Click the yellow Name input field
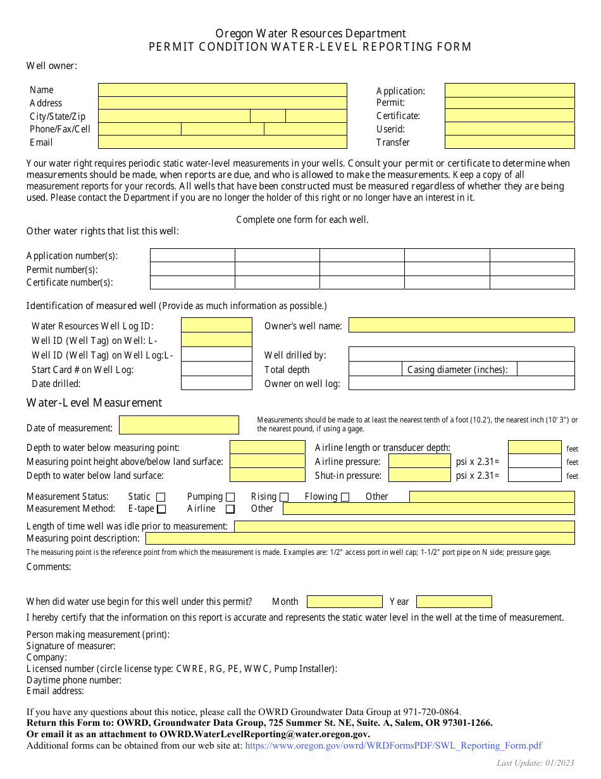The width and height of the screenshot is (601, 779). (x=222, y=90)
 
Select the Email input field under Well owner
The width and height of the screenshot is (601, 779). (x=222, y=142)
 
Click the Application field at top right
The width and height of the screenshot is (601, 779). (x=509, y=90)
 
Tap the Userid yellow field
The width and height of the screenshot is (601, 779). (x=509, y=129)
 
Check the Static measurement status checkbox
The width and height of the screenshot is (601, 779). (x=161, y=497)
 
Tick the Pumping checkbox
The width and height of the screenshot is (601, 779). (x=230, y=497)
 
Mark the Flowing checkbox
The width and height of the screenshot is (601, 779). (x=345, y=497)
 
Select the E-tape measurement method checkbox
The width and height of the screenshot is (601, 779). (x=161, y=509)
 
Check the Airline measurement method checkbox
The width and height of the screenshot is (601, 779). (x=230, y=509)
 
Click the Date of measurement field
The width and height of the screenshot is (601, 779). (x=179, y=425)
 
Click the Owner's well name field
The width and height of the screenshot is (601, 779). (x=461, y=326)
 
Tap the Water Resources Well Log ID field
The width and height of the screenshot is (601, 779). (x=216, y=326)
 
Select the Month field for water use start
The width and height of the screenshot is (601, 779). (x=345, y=602)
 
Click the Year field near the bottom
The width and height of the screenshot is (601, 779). (x=454, y=602)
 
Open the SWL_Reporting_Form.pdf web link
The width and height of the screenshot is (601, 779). (x=393, y=746)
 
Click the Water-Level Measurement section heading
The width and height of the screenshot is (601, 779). (x=94, y=403)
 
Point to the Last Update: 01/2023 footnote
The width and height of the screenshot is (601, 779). (x=535, y=763)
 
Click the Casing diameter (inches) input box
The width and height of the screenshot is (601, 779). (x=545, y=369)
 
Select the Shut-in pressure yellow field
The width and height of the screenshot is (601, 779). (x=419, y=476)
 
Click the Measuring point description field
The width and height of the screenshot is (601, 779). (x=360, y=538)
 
